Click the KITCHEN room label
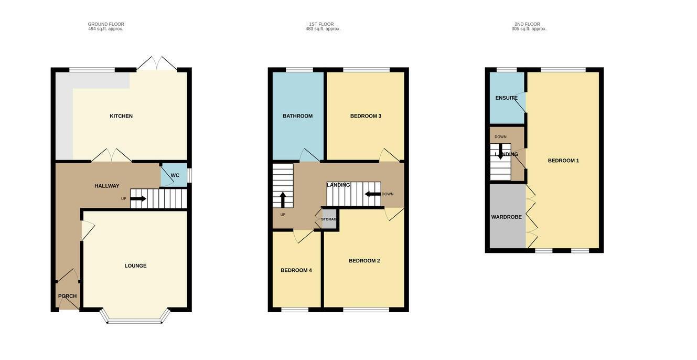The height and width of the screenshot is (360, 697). point(121,116)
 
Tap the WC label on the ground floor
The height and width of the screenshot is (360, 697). point(175,175)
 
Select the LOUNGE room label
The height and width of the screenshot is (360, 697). point(135,266)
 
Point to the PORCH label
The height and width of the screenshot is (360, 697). point(67,296)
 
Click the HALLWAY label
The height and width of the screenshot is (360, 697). point(107,186)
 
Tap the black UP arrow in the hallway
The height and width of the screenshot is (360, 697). point(138,198)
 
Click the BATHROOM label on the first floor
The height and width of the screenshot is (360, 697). point(297,116)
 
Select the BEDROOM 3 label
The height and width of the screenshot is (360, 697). point(366,116)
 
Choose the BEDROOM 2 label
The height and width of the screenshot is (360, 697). point(364,261)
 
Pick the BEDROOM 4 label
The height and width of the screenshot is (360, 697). point(296,270)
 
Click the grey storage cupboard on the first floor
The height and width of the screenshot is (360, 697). point(329,219)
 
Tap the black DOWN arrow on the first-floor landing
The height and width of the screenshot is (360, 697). point(373,194)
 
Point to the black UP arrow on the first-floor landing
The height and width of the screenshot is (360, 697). point(283,200)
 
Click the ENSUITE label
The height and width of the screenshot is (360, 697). point(506,98)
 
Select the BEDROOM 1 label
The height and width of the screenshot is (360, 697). point(563,161)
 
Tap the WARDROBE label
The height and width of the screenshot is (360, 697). point(506,217)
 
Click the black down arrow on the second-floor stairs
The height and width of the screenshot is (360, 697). point(500,152)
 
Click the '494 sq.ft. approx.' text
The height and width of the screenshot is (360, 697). point(105,29)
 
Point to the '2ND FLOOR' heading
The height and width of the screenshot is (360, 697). point(527,24)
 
